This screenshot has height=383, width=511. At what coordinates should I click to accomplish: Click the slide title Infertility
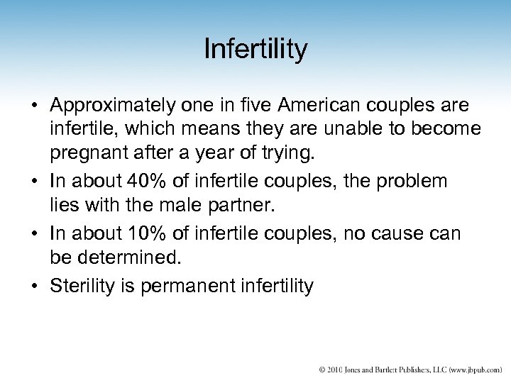pyautogui.click(x=255, y=50)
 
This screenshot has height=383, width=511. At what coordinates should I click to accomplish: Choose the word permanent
pyautogui.click(x=187, y=286)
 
